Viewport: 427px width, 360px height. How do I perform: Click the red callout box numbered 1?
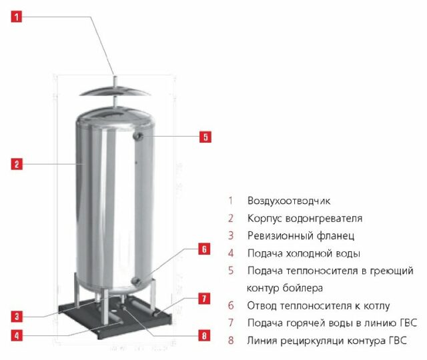(x=17, y=17)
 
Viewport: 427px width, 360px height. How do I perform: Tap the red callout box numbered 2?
(x=17, y=164)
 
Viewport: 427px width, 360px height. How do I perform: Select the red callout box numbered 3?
(x=17, y=317)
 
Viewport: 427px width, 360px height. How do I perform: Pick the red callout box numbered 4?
(x=17, y=335)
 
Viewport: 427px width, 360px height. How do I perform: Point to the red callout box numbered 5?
(x=205, y=137)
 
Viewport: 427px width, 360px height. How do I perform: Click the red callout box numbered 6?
(x=204, y=249)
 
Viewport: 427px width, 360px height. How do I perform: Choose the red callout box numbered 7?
(x=204, y=299)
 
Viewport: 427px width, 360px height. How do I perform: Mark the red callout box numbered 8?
(x=204, y=335)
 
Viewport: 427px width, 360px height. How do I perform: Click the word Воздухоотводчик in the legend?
(x=289, y=201)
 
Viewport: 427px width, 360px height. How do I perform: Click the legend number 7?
(x=231, y=323)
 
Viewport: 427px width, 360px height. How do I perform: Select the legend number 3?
(x=231, y=235)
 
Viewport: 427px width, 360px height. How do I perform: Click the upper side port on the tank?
(x=138, y=136)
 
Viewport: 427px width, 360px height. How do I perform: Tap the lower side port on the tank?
(x=136, y=281)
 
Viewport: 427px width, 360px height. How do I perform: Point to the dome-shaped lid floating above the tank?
(x=115, y=91)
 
